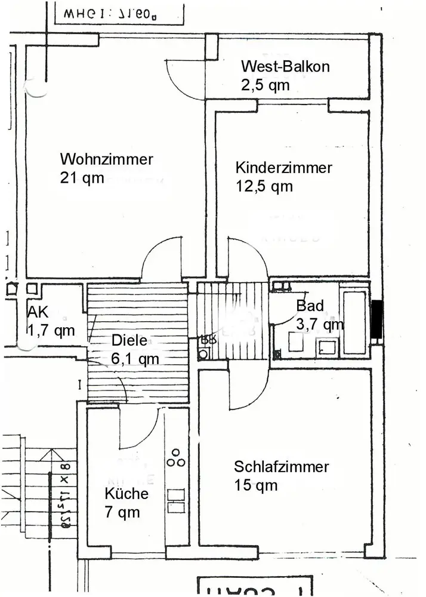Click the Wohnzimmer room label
point(106,159)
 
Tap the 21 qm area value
point(82,178)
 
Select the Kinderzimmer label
point(283,168)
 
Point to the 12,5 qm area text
point(264,186)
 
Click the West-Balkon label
point(285,66)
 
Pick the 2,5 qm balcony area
point(265,85)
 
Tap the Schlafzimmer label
point(282,466)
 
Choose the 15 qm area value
point(256,485)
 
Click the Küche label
point(126,494)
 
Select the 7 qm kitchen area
point(122,512)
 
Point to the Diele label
point(129,341)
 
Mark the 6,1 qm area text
point(135,359)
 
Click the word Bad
point(310,306)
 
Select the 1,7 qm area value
point(51,330)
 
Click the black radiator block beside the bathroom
point(376,321)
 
